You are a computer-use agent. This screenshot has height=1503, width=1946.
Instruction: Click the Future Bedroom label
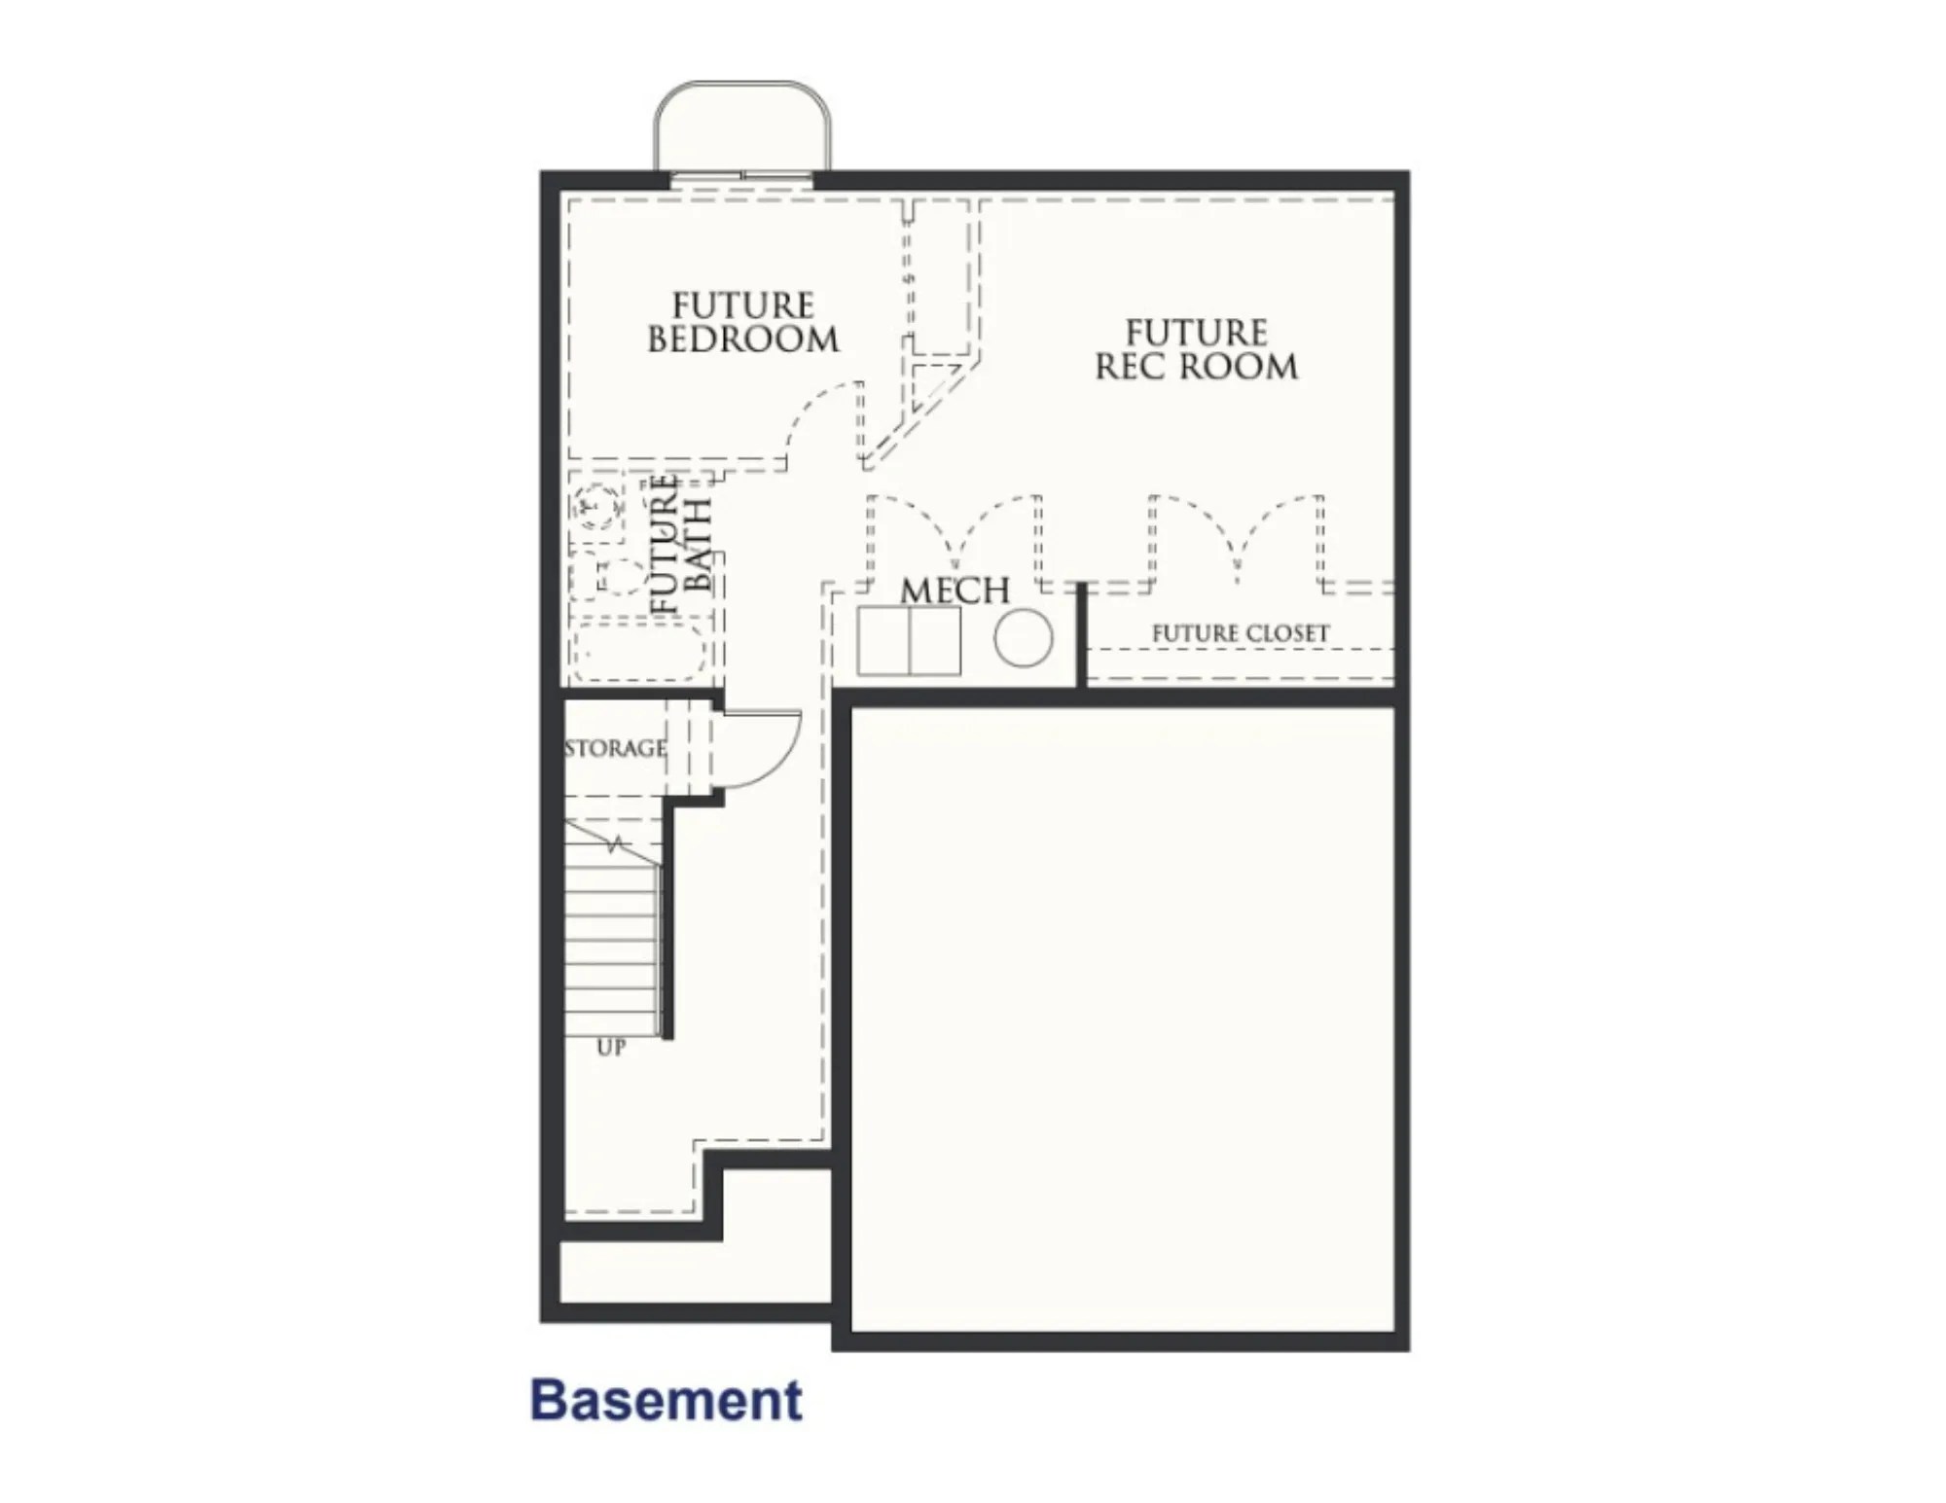[x=742, y=323]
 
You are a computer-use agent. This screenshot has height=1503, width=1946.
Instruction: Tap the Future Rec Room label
[x=1196, y=350]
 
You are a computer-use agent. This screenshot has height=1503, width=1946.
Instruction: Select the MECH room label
[x=955, y=590]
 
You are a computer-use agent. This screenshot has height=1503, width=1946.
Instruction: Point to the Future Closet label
[x=1240, y=633]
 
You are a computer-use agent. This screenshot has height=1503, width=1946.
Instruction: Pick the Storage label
[x=615, y=748]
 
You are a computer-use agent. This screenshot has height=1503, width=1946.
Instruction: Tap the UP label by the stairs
[x=611, y=1048]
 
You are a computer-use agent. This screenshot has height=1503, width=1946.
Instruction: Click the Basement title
[x=667, y=1400]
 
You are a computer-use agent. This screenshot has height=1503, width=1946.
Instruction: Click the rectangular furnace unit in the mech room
[x=908, y=641]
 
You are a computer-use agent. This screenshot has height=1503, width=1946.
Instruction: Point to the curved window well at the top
[x=742, y=126]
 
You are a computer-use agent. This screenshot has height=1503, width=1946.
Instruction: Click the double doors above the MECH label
[x=954, y=535]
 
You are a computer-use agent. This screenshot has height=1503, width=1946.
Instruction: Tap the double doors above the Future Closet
[x=1236, y=535]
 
